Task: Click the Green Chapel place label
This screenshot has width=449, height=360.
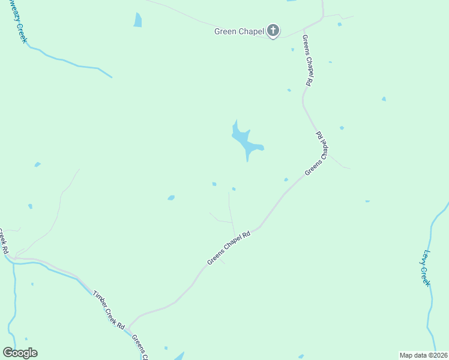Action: pos(239,31)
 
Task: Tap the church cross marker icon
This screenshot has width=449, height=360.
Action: pos(273,31)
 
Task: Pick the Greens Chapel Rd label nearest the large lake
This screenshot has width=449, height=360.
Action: pos(318,154)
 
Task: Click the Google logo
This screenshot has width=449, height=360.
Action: pos(20,353)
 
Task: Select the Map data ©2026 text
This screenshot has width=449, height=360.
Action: pos(423,355)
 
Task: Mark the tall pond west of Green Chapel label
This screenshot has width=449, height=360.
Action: pos(138,20)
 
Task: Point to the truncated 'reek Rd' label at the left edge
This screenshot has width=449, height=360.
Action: pos(5,240)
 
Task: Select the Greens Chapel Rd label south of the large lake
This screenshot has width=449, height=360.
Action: pos(228,247)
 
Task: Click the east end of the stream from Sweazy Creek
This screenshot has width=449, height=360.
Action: pos(111,77)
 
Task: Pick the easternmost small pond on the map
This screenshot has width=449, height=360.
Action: pos(384,98)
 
